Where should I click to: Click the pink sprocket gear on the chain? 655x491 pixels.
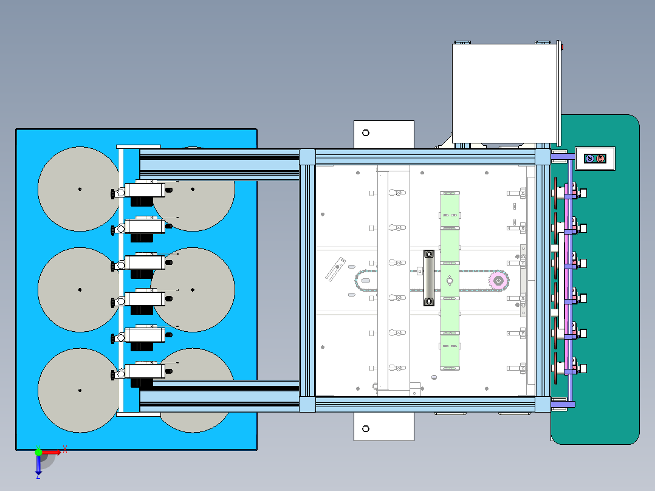498,280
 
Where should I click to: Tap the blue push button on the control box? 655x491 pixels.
589,159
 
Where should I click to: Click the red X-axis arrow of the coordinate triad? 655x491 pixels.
52,452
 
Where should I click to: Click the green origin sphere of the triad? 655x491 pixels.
38,452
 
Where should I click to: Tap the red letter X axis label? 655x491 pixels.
64,449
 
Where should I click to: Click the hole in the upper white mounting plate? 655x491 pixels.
366,133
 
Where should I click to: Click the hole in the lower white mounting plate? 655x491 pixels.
366,428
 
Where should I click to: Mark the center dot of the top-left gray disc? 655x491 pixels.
80,189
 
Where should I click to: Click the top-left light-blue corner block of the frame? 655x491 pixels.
307,157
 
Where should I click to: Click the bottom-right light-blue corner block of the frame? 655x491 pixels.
543,404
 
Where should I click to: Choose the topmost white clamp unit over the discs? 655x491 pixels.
144,190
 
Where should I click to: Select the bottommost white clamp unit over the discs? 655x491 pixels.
144,371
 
